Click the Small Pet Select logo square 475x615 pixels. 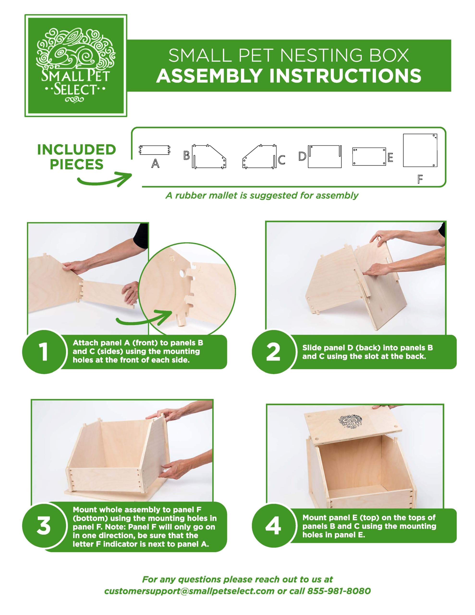76,65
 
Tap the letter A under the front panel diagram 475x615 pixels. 155,163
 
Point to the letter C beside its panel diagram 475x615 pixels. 281,160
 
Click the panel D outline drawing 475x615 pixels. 325,157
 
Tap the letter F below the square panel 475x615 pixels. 420,179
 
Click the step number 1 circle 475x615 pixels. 44,352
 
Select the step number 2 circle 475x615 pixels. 273,352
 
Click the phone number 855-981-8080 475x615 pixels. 339,591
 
